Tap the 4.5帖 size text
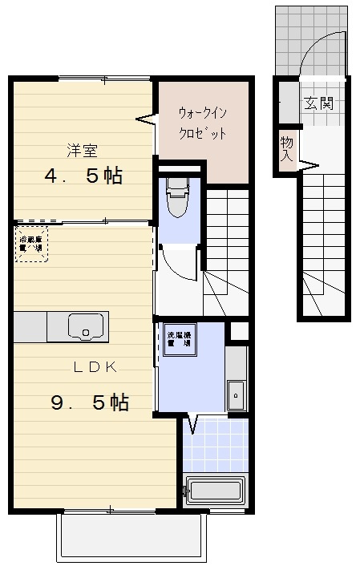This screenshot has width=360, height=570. [x=84, y=176]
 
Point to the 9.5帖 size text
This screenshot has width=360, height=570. [x=90, y=402]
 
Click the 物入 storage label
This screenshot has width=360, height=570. [x=286, y=150]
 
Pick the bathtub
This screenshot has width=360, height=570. [x=213, y=490]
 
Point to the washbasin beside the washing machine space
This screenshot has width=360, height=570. [x=236, y=393]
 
